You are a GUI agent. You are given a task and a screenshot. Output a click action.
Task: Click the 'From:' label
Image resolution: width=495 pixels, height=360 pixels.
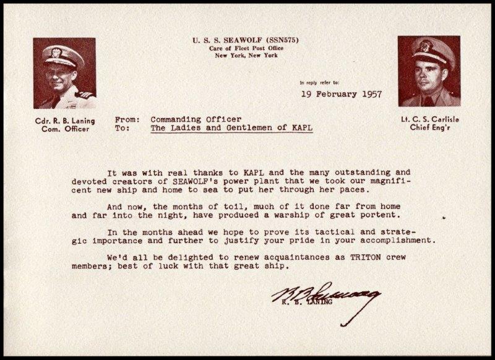point(128,118)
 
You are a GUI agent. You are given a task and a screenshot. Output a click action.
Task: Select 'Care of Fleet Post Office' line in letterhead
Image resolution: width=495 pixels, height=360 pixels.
point(244,49)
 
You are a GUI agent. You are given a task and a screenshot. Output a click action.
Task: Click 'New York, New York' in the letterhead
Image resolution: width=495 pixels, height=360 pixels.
point(244,57)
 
